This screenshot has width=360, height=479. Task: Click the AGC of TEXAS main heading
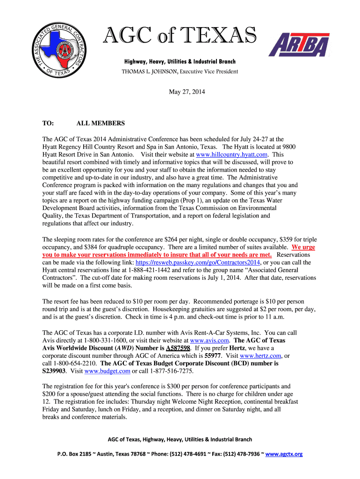(x=180, y=36)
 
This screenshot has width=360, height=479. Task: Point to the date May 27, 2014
(x=187, y=92)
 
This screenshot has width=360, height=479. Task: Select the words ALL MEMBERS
(x=101, y=123)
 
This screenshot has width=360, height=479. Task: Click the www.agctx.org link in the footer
(x=284, y=454)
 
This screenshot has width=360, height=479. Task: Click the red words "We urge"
(x=303, y=247)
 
